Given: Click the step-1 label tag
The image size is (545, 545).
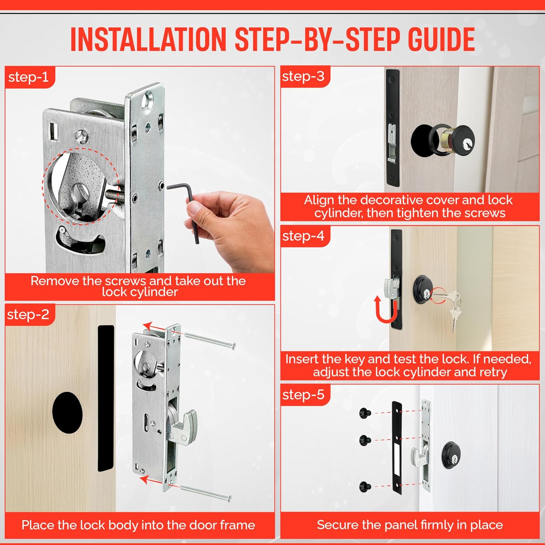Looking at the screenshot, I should [x=28, y=77].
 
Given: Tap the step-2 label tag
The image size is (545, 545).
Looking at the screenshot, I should [x=28, y=314].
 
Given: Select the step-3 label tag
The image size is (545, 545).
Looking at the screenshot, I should [x=303, y=76].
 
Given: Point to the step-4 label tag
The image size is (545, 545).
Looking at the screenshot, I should [x=303, y=236].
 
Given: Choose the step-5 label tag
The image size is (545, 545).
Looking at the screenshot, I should [x=303, y=395].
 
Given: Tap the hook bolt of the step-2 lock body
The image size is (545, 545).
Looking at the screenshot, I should [x=185, y=425].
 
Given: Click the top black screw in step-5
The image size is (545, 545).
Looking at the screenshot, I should [x=364, y=413].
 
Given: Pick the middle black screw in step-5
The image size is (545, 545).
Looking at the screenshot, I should [x=364, y=440].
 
